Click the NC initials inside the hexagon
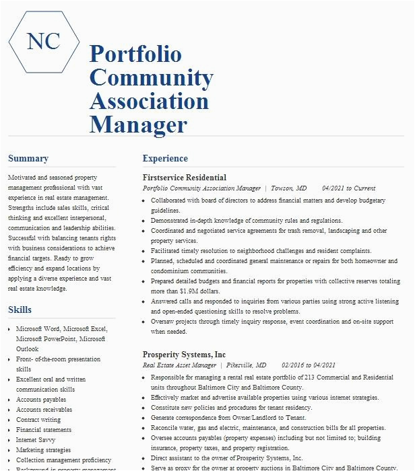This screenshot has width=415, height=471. coord(42,41)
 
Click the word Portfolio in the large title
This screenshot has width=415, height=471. coord(135,55)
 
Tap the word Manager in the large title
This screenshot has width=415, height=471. coord(138,124)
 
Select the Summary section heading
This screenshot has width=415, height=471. coord(28,159)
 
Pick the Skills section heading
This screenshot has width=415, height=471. coord(20,310)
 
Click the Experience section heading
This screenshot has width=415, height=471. coord(165,159)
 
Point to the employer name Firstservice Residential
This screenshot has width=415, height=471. coord(185,178)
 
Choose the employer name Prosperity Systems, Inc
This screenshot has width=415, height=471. coord(184,355)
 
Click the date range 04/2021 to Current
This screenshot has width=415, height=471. coord(348,188)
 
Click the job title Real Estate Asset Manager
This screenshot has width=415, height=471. coord(179,365)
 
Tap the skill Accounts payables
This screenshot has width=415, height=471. coord(41,400)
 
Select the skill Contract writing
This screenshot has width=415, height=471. coord(38,420)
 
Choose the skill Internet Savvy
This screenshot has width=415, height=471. coord(36,440)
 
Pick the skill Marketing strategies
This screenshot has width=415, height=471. coord(43,450)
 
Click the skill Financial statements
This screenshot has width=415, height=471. coord(44,430)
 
